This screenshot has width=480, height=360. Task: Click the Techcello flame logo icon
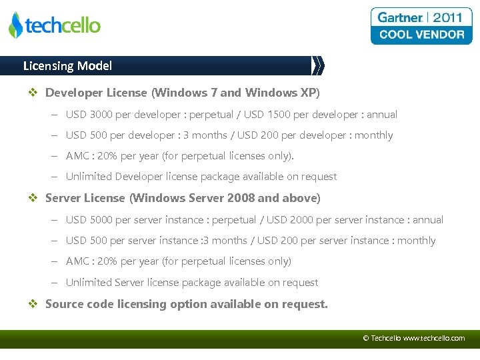15,25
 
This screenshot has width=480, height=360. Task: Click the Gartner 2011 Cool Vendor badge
421,26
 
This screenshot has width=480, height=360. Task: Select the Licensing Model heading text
67,66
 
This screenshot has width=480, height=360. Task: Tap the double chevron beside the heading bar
319,65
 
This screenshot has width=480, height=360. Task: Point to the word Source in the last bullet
63,304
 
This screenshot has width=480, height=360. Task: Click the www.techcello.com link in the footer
434,339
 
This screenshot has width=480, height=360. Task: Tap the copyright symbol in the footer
366,339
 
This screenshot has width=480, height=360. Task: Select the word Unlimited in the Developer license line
89,177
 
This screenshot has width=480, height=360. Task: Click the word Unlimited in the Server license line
89,283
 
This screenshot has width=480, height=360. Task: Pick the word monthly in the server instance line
416,241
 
